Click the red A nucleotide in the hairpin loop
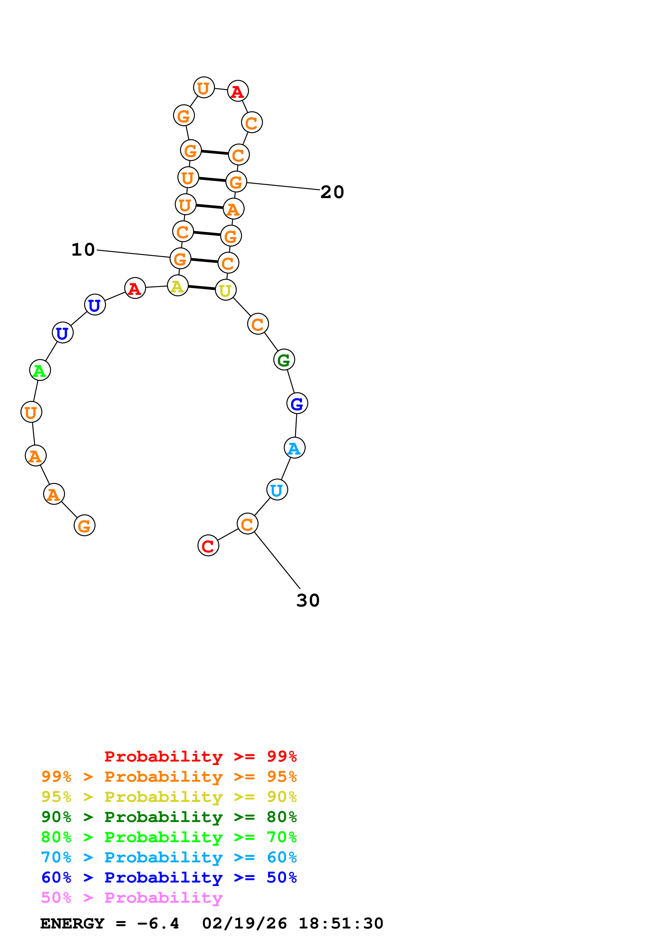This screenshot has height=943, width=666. point(237,91)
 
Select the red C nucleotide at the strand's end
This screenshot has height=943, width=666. point(208,546)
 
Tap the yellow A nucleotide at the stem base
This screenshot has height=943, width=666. point(178,286)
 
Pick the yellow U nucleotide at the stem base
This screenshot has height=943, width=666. point(225,290)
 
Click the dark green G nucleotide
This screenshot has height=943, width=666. point(284,360)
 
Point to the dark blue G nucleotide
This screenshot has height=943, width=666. point(297,404)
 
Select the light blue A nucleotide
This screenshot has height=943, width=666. point(294,448)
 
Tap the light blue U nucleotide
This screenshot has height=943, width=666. point(277,490)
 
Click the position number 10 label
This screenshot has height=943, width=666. point(83,250)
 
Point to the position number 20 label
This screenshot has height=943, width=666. point(332,192)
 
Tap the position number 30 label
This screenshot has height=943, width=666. point(308,601)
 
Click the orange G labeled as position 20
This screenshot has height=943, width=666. point(236,182)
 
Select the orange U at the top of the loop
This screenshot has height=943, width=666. point(204,88)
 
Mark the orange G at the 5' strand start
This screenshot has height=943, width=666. point(84,526)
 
